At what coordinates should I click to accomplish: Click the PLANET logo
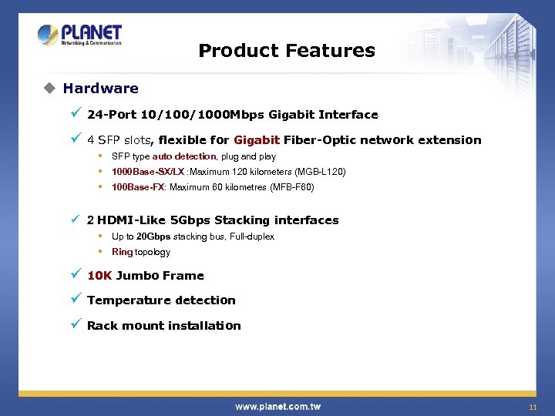(79, 35)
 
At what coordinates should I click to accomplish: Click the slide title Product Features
(286, 51)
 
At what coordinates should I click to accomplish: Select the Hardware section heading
(100, 89)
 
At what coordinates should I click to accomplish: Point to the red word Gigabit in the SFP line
(257, 140)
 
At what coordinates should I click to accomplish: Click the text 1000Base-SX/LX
(148, 172)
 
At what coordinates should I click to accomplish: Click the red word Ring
(122, 252)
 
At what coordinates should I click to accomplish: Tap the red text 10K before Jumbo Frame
(99, 276)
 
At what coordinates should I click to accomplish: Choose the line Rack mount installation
(163, 326)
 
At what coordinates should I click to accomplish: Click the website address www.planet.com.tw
(277, 407)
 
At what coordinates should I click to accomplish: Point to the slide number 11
(532, 407)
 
